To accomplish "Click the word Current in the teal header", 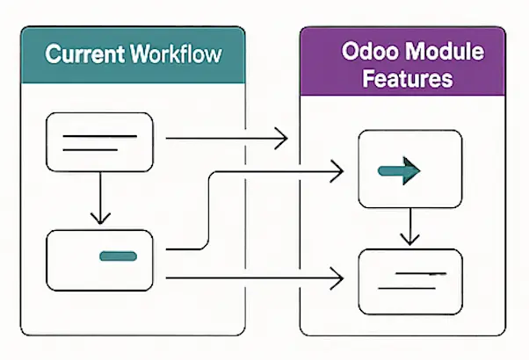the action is (84, 54).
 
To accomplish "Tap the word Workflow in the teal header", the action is (176, 54).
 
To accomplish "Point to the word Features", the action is (407, 78).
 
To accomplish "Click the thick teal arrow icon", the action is (399, 171).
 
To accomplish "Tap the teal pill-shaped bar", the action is (118, 256).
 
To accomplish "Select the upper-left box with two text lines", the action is (99, 142).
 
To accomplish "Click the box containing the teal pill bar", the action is (99, 261).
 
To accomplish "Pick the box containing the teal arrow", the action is (409, 169).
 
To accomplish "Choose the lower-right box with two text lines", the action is (410, 282).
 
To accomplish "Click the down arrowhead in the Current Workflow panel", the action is (100, 219).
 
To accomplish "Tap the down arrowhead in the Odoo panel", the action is (409, 239).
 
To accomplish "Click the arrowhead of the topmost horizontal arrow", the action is (281, 138).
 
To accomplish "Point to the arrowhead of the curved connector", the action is (337, 171).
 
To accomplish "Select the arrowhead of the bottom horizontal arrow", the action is (337, 278).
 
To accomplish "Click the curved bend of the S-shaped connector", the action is (209, 211).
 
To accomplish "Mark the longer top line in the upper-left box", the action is (100, 136).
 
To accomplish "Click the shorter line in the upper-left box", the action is (91, 149).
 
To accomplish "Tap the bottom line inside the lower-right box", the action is (407, 289).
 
